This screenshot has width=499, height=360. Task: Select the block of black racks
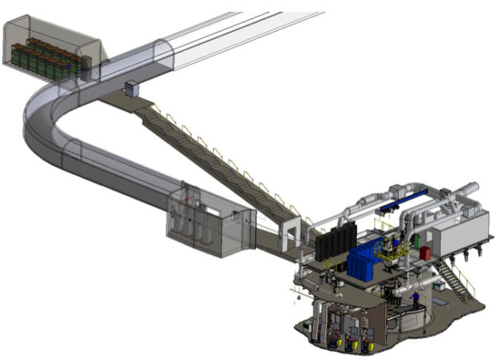[x=333, y=242]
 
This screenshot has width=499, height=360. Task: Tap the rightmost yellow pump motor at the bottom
[x=367, y=346]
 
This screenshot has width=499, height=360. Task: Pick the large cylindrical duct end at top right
[x=469, y=191]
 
